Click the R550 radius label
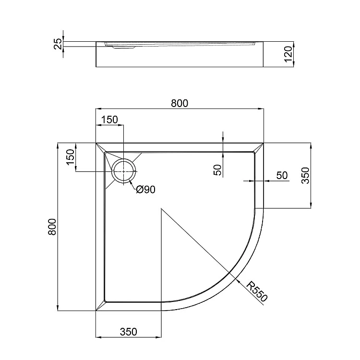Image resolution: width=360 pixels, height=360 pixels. (x=257, y=291)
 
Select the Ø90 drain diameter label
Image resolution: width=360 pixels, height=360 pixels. (x=145, y=190)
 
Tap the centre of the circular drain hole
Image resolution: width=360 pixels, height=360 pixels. (x=124, y=171)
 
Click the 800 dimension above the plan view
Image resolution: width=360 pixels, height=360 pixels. (x=180, y=103)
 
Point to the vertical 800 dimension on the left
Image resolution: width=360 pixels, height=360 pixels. (x=52, y=227)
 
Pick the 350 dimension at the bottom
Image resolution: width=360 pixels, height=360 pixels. (x=128, y=332)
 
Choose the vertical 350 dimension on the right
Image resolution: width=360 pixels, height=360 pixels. (x=305, y=175)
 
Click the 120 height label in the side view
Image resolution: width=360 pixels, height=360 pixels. (x=288, y=54)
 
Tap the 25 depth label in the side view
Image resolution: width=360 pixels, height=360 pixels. (x=58, y=44)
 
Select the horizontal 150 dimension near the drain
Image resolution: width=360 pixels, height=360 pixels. (x=109, y=120)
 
